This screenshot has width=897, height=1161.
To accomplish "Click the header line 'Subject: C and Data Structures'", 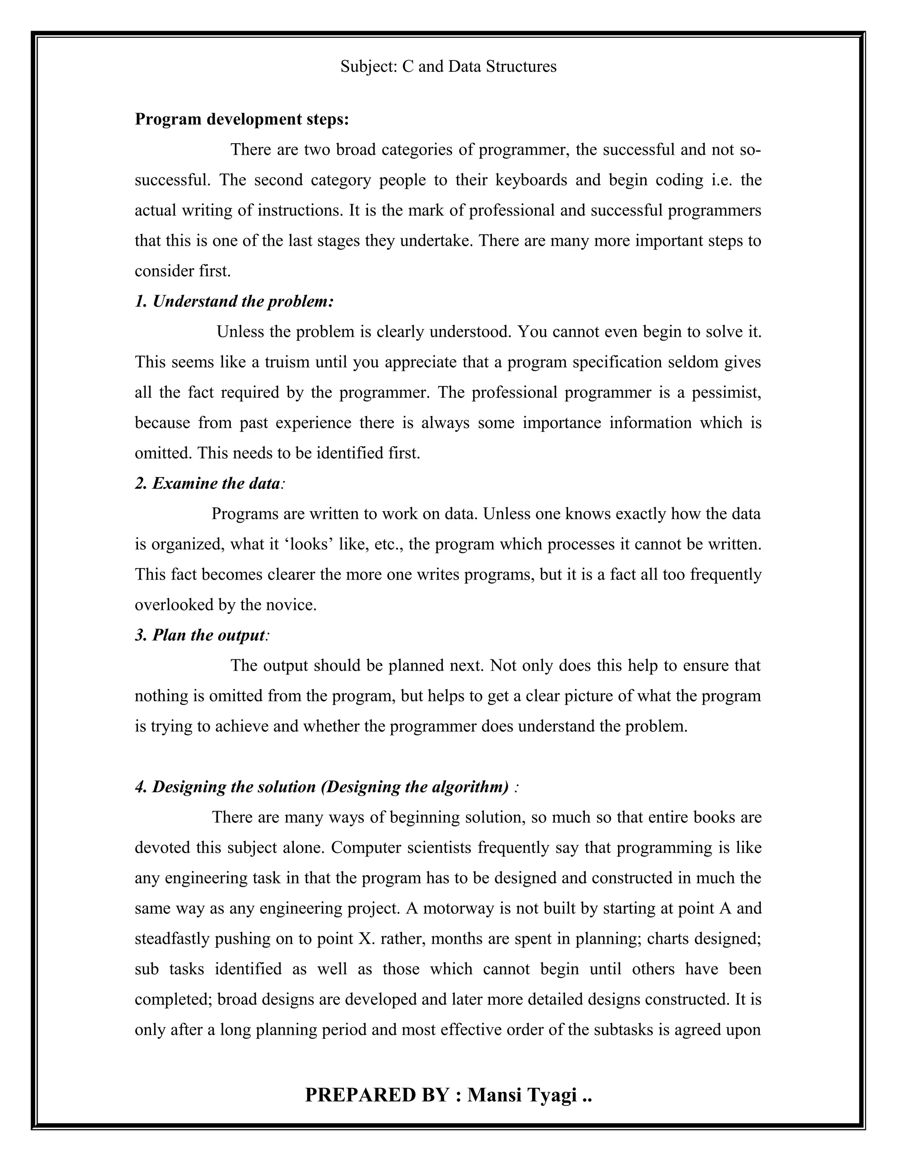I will (448, 67).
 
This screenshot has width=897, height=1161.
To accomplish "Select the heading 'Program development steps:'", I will (242, 119).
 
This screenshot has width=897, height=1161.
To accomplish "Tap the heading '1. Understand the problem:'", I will (234, 301).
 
